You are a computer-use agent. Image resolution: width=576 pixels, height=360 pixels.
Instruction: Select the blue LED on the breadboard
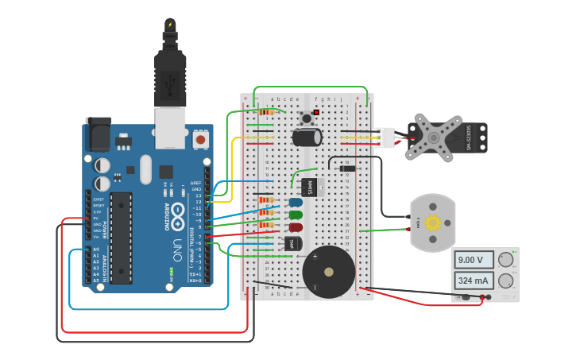coord(296,203)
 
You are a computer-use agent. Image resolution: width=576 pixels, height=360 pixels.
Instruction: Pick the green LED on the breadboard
coord(296,215)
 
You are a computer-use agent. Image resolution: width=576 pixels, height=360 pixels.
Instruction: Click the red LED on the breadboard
coord(296,227)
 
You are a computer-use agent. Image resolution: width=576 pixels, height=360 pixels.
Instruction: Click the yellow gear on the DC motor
coord(432,223)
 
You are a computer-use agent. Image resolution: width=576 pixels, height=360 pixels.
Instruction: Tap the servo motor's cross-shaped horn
coord(434,137)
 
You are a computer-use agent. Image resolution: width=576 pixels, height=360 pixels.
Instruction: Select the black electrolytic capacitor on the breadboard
coord(307,137)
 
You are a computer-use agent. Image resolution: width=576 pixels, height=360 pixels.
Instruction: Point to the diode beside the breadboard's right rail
coord(346,168)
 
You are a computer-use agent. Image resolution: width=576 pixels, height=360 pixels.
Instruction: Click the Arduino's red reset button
coord(200,139)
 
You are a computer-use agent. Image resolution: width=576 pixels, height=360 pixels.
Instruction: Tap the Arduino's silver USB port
coord(170,128)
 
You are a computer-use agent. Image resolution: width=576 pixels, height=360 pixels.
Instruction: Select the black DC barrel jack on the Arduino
coord(98,134)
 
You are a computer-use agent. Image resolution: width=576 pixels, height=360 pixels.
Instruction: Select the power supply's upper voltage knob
coord(505,259)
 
